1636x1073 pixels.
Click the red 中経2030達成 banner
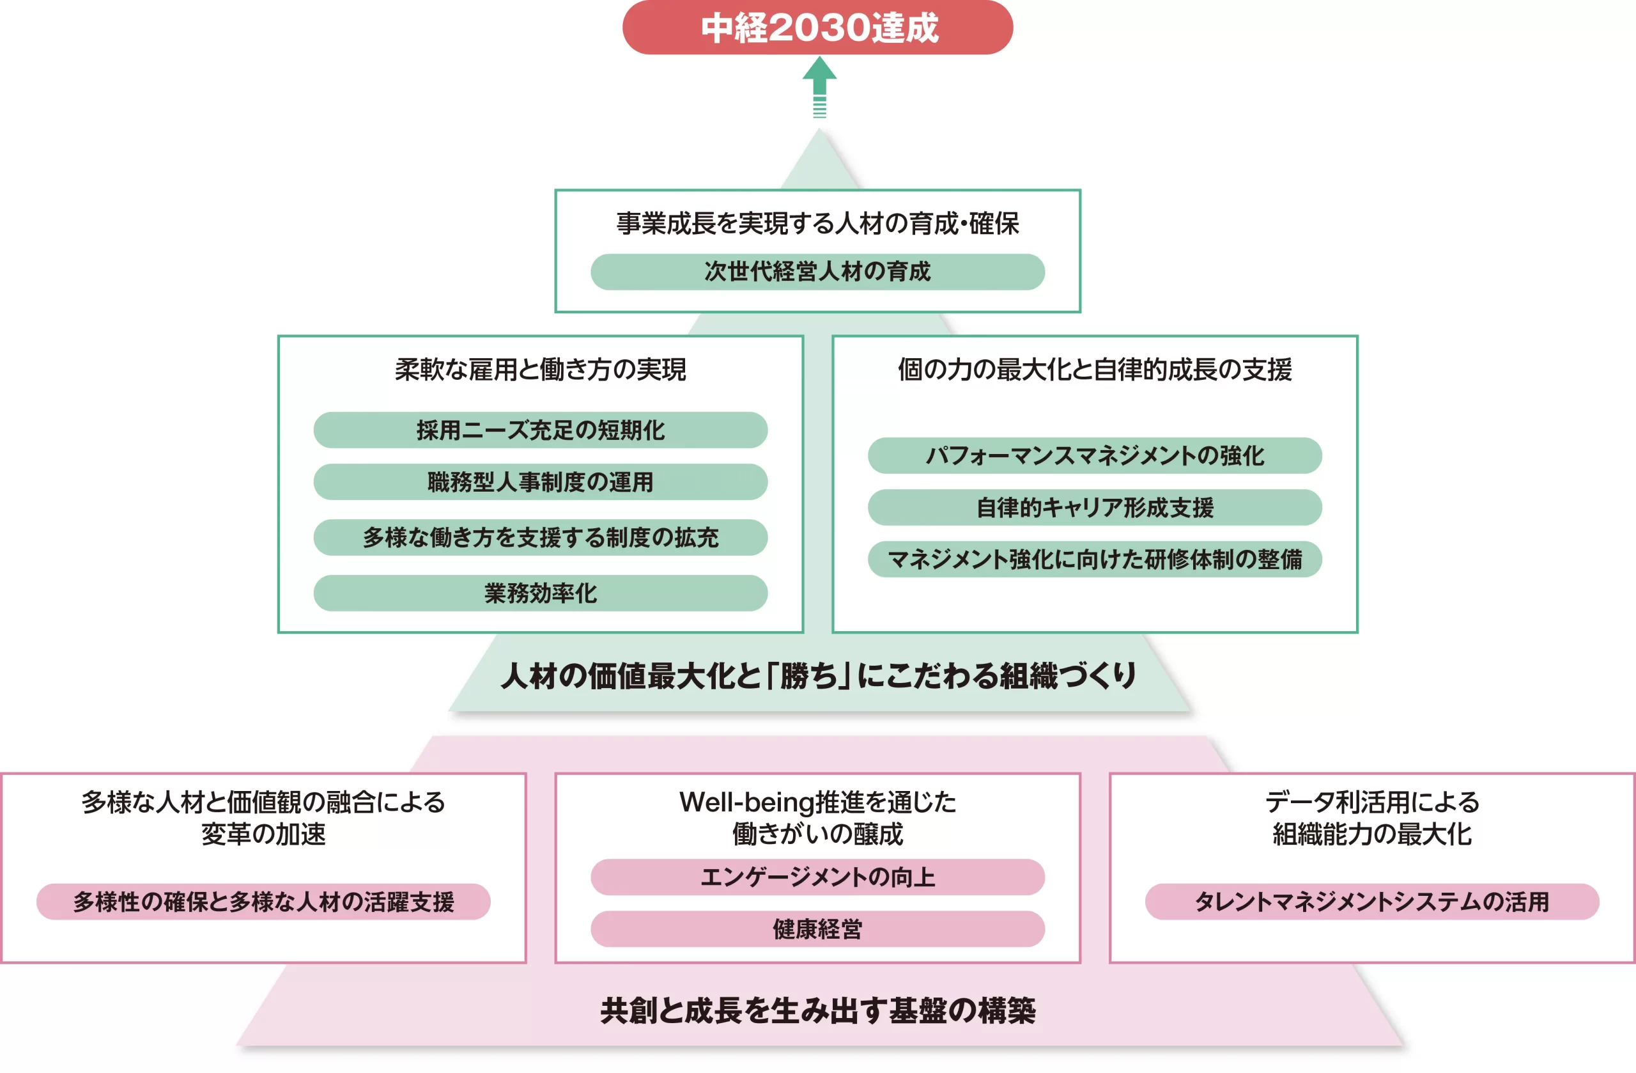coord(817,27)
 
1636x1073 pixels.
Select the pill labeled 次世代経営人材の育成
coord(817,272)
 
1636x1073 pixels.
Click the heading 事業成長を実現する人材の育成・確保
coord(817,224)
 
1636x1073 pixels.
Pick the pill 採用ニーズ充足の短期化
coord(540,430)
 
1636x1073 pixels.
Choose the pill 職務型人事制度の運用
coord(540,482)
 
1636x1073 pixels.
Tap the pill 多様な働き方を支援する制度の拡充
coord(540,537)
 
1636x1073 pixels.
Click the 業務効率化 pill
coord(540,593)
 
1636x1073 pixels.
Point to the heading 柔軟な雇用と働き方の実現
coord(540,370)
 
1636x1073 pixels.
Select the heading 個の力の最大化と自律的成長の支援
coord(1094,370)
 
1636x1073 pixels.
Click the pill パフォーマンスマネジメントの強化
coord(1094,455)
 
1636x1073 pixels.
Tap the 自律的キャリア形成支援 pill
coord(1094,508)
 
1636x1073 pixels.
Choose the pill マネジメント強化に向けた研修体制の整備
coord(1094,559)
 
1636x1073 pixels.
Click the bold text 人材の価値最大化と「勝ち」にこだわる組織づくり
coord(818,675)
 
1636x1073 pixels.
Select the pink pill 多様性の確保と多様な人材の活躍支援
coord(263,902)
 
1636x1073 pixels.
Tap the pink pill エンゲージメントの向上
coord(817,877)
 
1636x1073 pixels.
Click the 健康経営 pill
coord(817,929)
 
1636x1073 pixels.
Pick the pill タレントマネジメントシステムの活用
coord(1372,902)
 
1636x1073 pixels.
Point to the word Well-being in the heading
coord(746,803)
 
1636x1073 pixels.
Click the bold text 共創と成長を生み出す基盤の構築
coord(818,1010)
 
